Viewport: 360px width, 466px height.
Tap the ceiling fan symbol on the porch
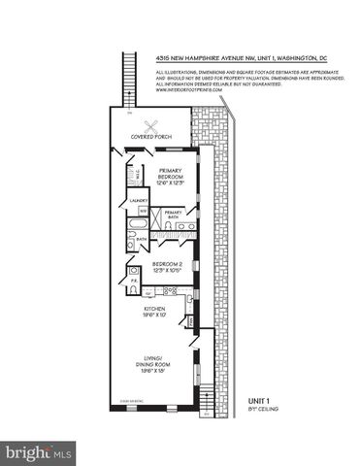coord(150,124)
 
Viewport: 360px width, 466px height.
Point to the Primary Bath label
coord(174,213)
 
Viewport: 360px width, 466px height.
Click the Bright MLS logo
coord(40,451)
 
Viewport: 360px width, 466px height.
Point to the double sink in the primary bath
coord(185,225)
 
